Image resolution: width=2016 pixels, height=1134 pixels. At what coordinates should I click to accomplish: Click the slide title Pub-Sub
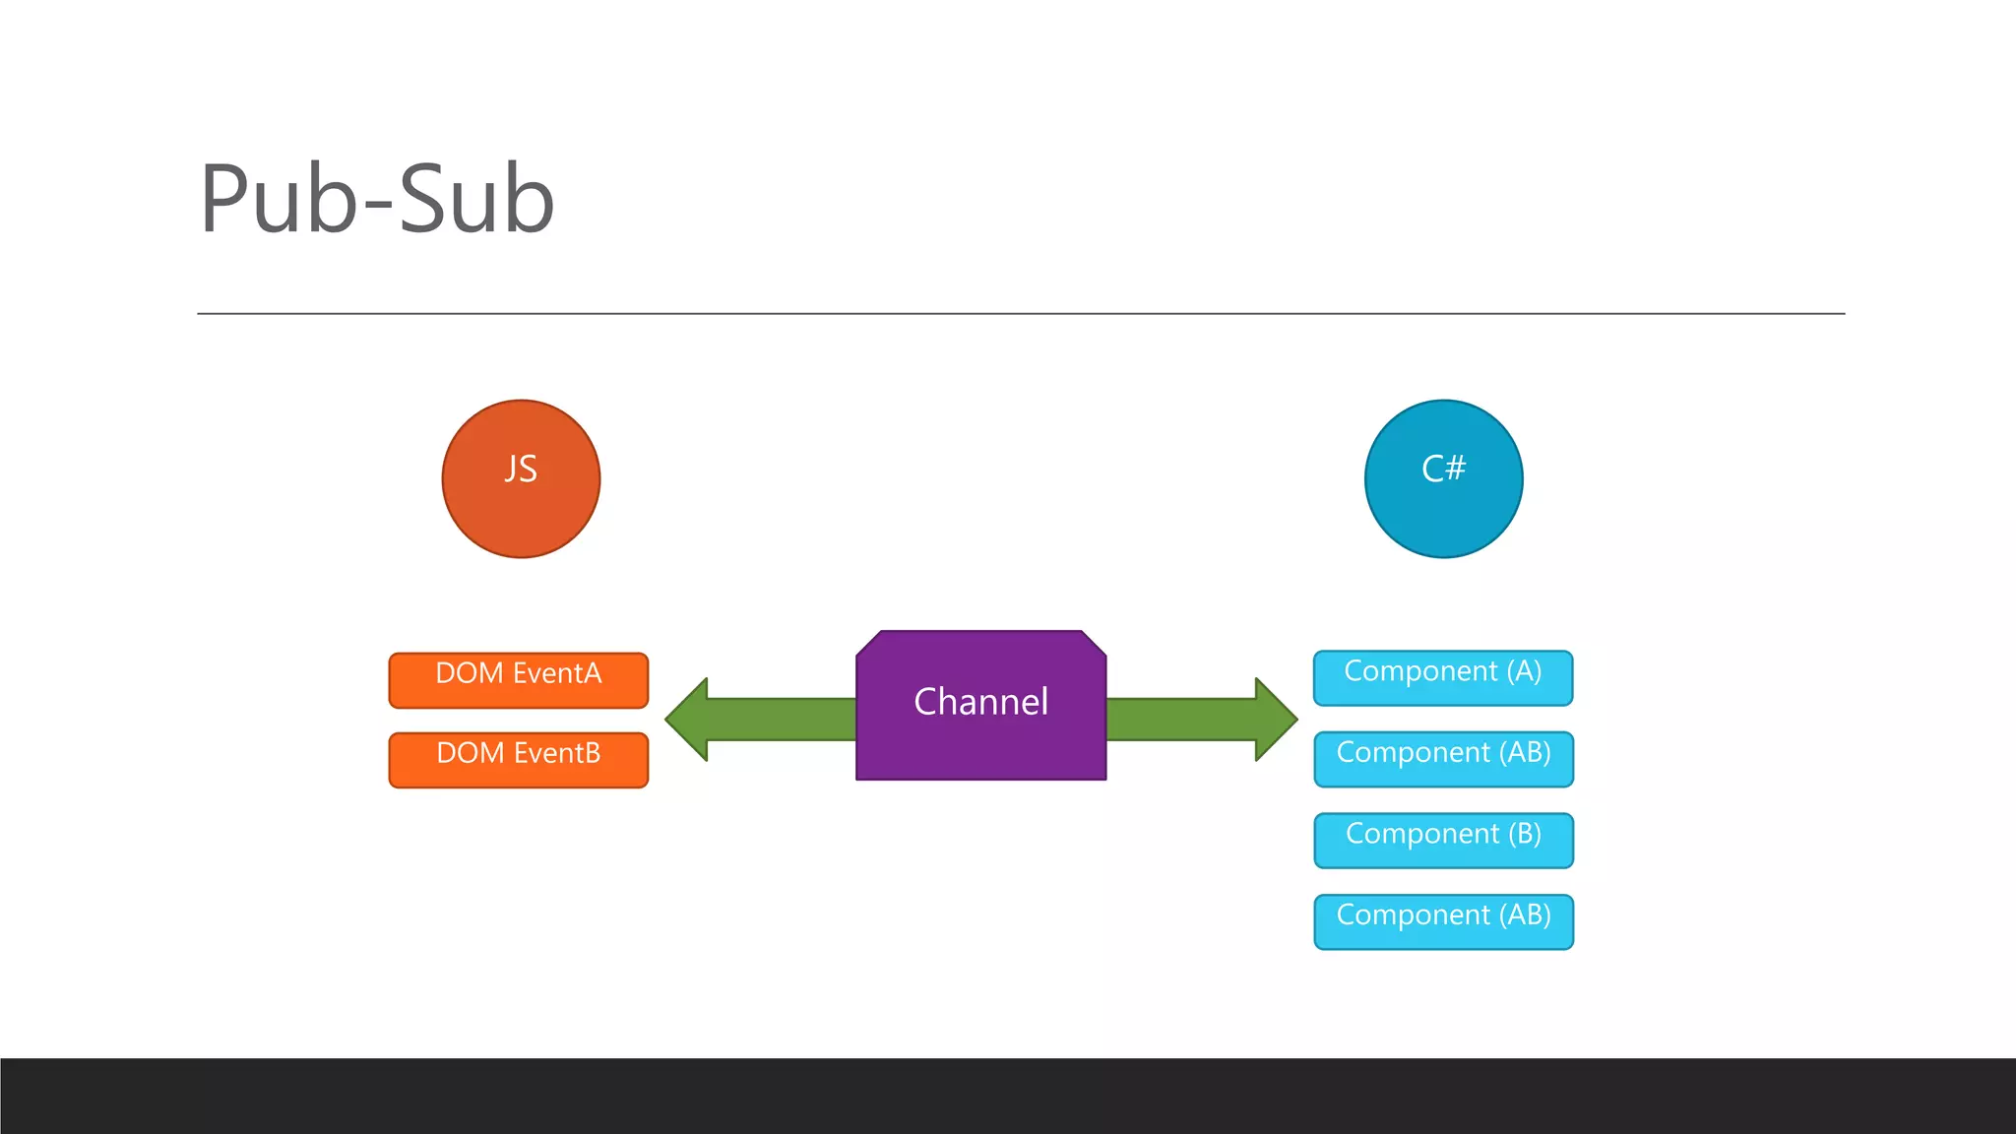click(x=377, y=200)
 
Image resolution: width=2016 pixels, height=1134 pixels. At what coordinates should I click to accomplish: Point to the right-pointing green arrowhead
click(x=1275, y=720)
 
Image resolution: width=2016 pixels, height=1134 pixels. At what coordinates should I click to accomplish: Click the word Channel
click(x=980, y=702)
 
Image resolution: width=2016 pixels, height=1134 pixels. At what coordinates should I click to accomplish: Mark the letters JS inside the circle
click(x=521, y=469)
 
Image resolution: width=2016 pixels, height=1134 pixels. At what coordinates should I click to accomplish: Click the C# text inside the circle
click(x=1443, y=469)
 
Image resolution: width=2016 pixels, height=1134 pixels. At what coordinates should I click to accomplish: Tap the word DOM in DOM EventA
click(x=470, y=673)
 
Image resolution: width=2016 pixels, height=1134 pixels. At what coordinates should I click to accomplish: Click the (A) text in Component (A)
click(x=1524, y=671)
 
